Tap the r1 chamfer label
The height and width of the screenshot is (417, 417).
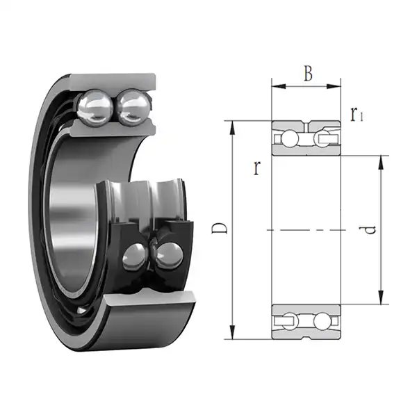pos(357,114)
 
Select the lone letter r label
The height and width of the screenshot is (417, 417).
pos(257,167)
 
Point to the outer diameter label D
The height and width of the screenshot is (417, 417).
pos(218,229)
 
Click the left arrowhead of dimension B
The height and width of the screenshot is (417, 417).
pos(276,87)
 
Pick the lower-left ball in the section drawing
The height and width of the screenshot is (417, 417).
pos(287,321)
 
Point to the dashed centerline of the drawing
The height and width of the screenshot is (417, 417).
pos(306,229)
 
